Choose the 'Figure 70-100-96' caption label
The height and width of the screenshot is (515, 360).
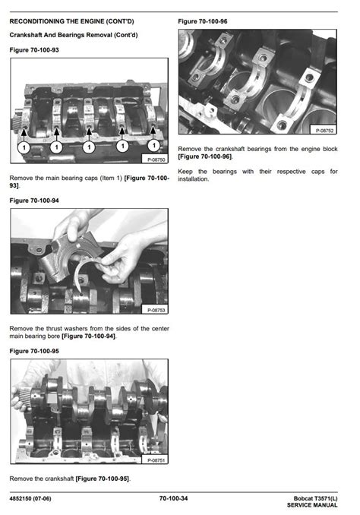[x=203, y=21]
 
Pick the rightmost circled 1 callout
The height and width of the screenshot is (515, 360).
[x=153, y=145]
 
